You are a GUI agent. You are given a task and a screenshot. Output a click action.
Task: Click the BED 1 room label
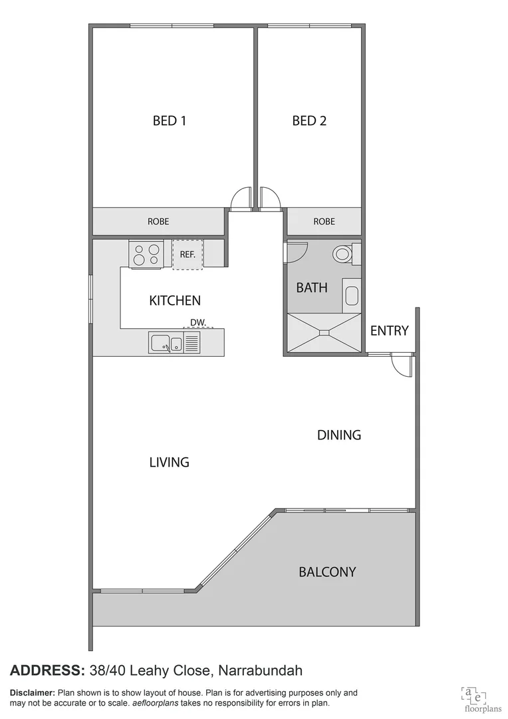pos(170,120)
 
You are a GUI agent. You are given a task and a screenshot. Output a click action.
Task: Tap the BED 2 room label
pos(309,120)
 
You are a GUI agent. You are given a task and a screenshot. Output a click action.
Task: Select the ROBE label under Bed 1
pos(158,221)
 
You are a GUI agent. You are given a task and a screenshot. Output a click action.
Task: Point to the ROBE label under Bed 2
pos(324,221)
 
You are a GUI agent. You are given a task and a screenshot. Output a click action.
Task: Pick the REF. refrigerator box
pos(188,254)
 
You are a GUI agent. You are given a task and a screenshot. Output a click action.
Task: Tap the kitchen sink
pos(166,344)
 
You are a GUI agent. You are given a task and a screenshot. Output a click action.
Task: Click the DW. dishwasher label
pos(198,323)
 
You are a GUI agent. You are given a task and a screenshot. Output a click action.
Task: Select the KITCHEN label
pos(175,301)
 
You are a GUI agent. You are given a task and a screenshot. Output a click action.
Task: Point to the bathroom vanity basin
pos(352,296)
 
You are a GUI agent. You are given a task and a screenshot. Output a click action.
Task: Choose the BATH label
pos(312,288)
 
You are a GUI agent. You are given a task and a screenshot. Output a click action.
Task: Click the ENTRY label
pos(389,331)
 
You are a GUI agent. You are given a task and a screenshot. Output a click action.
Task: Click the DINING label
pos(339,435)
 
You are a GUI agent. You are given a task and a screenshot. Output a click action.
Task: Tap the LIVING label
pos(170,461)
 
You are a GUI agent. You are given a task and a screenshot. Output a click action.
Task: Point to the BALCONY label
pos(327,571)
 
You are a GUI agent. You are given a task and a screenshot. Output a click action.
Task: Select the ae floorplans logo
pos(473,694)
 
